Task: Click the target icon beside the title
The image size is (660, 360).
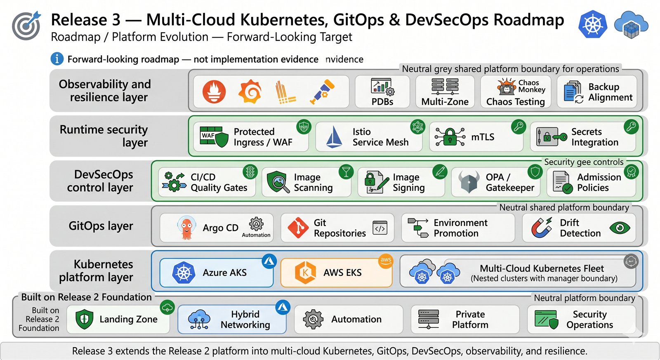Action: point(26,26)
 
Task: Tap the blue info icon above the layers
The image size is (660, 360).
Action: point(57,59)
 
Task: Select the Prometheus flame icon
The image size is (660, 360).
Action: point(214,92)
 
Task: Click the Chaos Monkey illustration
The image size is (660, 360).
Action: point(506,87)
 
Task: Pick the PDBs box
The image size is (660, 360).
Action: point(382,92)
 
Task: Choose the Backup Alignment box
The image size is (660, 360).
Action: point(596,92)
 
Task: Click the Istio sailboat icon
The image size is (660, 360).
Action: point(334,136)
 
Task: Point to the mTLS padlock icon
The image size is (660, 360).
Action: point(450,136)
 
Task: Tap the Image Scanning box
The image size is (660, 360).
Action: point(306,182)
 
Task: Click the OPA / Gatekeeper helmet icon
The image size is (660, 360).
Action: point(469,182)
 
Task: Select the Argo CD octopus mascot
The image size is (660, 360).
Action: point(186,228)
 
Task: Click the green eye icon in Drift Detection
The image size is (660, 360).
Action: point(620,228)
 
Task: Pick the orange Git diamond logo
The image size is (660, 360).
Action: point(298,228)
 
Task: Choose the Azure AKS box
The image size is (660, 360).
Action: point(217,273)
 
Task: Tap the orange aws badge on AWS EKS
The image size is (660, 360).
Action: point(386,261)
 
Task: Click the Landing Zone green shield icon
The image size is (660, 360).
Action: point(85,319)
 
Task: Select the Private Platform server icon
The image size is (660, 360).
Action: point(429,319)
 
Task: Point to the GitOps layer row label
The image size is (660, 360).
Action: point(101,226)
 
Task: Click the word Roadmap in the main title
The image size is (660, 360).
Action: point(528,20)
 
